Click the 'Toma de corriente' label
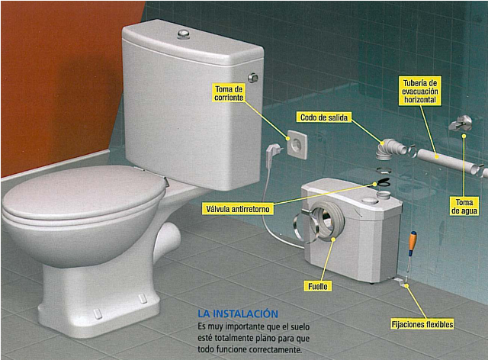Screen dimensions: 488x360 (x=229, y=93)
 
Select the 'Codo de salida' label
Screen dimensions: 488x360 (x=323, y=117)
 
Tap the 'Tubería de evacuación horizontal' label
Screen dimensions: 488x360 (x=420, y=92)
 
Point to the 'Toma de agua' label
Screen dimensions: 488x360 (x=464, y=207)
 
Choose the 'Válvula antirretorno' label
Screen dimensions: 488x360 (x=238, y=209)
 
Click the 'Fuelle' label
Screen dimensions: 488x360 (x=318, y=286)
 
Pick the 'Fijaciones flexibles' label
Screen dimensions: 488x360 (x=422, y=324)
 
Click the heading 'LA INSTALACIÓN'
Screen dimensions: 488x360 (x=238, y=313)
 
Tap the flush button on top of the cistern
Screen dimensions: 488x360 (x=185, y=34)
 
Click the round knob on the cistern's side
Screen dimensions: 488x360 (x=253, y=78)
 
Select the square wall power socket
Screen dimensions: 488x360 (x=297, y=144)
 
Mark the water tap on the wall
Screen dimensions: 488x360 (x=460, y=123)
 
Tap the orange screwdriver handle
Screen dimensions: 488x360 (x=413, y=241)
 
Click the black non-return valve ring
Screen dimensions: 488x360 (x=384, y=182)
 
